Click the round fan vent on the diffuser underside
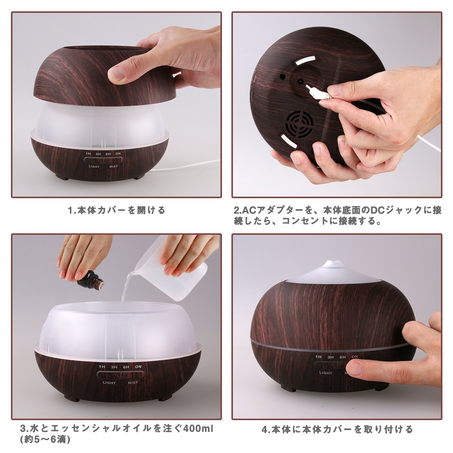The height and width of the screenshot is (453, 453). (300, 125)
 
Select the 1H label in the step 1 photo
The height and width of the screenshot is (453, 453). (88, 154)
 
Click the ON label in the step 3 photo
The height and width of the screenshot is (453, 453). (138, 366)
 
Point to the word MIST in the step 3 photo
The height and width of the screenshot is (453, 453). (133, 382)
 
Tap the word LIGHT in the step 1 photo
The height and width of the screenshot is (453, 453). (94, 167)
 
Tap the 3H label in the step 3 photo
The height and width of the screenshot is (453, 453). (114, 367)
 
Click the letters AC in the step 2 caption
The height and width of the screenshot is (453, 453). (247, 210)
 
